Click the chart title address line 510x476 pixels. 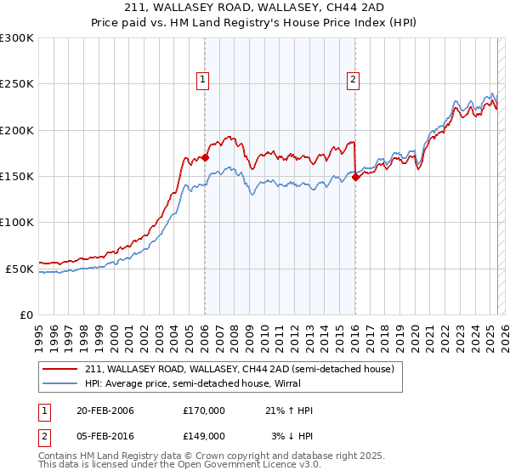[255, 8]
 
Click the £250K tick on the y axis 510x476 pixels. [17, 84]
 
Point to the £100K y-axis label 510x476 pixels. [17, 222]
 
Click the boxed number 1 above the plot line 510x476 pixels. [204, 81]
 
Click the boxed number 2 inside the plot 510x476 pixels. [353, 81]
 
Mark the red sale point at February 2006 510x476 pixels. [205, 157]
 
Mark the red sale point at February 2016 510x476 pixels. [355, 177]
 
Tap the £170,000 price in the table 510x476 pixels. [204, 411]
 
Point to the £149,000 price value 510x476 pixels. [204, 435]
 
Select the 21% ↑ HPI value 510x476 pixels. [289, 411]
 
